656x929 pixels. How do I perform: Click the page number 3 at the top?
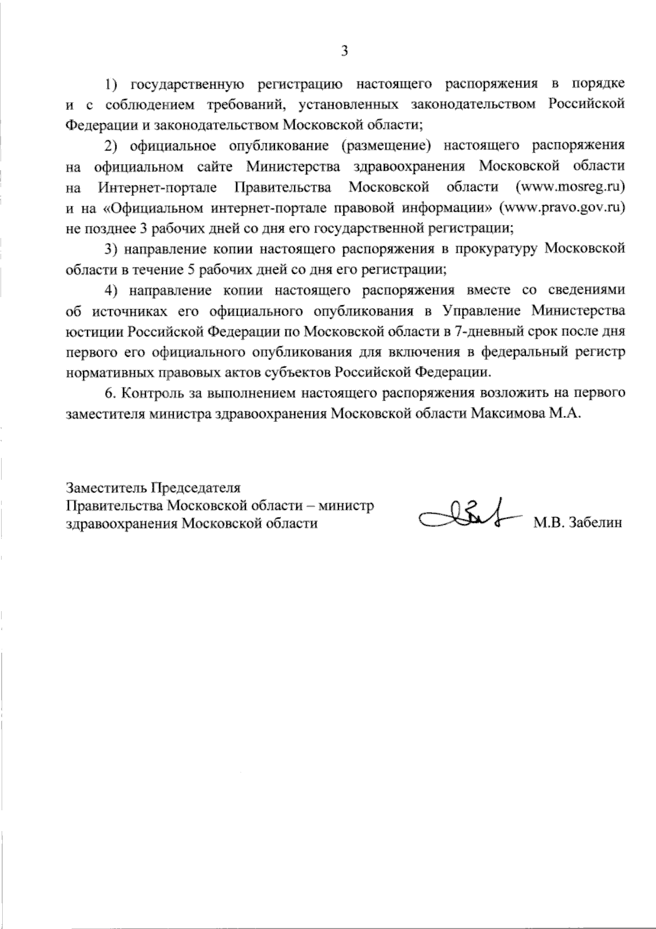[x=344, y=51]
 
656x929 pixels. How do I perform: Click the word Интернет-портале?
[x=159, y=188]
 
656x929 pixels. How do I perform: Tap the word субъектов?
[x=301, y=373]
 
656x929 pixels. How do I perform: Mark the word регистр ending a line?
[x=602, y=352]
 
